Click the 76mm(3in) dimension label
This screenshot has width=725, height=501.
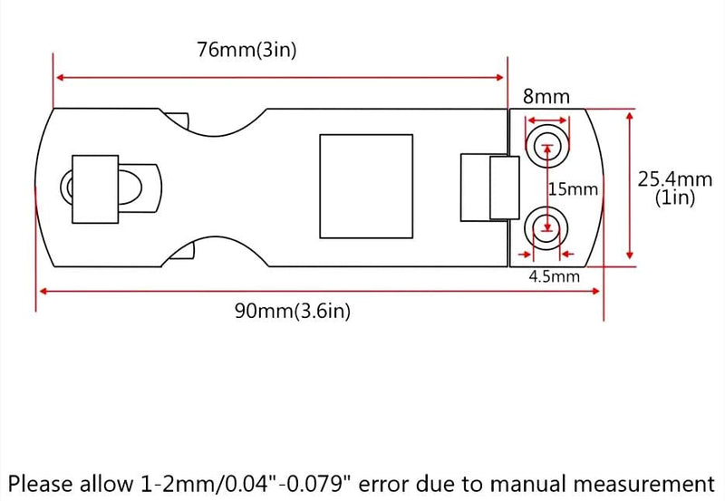point(246,50)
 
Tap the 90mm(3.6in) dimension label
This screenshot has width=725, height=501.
point(292,311)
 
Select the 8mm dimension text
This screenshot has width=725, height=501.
point(546,96)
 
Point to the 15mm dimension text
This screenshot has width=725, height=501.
point(573,189)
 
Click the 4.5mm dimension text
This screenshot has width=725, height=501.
point(554,276)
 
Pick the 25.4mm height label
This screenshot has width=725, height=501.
point(674,178)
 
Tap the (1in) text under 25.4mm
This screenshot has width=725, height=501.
point(674,198)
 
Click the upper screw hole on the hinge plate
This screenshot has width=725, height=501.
point(547,146)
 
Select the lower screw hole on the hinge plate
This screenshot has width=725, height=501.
point(546,228)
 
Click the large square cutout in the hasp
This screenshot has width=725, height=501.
point(366,187)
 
